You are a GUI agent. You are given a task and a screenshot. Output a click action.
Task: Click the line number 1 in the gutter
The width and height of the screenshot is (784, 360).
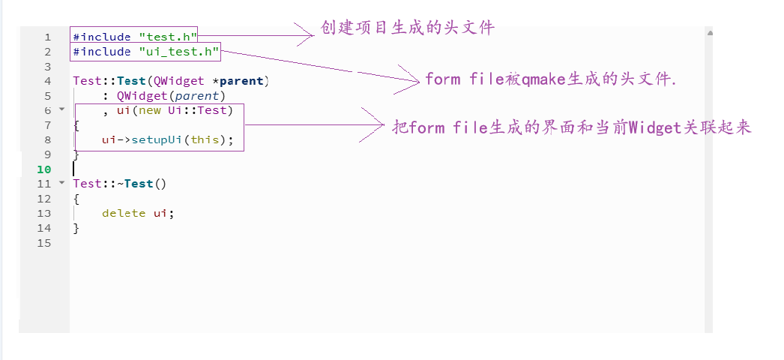(48, 37)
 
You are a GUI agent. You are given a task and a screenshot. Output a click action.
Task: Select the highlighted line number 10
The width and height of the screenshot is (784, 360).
(45, 169)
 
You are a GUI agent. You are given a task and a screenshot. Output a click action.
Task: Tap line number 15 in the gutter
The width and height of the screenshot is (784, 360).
(45, 243)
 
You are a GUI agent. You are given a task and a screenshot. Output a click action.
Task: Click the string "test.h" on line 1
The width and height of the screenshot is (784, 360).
(167, 37)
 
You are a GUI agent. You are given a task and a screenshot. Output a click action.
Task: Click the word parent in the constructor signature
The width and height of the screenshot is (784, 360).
(244, 81)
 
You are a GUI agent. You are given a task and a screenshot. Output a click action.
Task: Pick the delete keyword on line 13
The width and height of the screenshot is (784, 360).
(124, 213)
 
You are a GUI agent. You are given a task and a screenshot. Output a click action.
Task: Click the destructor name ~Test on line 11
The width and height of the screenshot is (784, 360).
(135, 184)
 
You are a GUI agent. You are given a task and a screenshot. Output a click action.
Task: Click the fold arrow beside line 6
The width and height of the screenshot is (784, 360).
(62, 109)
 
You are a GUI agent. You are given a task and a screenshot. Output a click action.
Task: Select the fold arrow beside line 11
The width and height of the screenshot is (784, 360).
(62, 183)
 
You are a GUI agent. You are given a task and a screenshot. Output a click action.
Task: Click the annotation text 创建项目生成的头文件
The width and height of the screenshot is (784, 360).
(408, 28)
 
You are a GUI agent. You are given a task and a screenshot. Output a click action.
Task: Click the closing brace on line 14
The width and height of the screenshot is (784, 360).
(76, 228)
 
